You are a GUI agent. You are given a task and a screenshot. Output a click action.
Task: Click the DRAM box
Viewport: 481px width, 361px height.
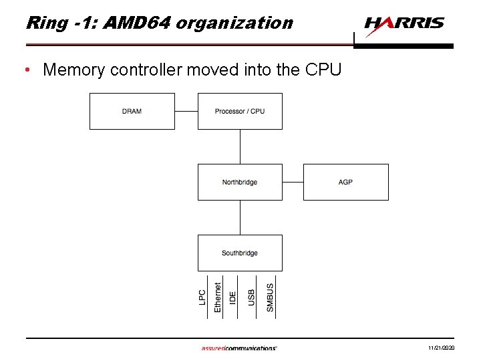click(x=132, y=111)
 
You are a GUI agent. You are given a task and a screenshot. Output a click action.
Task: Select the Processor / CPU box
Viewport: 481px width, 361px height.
click(x=240, y=111)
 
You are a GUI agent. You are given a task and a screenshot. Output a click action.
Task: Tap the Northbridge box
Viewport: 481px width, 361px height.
click(x=240, y=182)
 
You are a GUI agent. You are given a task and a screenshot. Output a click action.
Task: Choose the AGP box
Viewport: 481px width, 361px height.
click(x=345, y=182)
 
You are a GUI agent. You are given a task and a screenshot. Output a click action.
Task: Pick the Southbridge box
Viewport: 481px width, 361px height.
click(x=240, y=253)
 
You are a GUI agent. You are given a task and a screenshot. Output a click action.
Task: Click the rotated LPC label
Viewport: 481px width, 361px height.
click(x=202, y=297)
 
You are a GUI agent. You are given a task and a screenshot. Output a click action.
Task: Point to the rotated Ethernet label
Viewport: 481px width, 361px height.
click(x=218, y=296)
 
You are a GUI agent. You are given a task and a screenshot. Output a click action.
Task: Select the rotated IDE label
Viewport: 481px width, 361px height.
click(x=232, y=298)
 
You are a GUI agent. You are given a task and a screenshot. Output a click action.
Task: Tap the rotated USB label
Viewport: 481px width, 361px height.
click(x=251, y=297)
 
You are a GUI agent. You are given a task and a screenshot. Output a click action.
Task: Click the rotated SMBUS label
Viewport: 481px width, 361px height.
click(x=270, y=297)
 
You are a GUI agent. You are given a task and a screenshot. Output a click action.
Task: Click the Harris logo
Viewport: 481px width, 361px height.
click(x=404, y=25)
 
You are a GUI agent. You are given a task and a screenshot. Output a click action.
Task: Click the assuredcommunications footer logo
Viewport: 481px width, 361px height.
click(x=238, y=348)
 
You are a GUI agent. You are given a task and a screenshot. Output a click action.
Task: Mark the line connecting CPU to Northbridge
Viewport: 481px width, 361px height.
click(x=240, y=146)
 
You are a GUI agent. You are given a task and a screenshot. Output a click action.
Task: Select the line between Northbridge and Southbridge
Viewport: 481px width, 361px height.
click(x=240, y=217)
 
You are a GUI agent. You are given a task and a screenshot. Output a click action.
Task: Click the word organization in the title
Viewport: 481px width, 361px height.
click(x=234, y=23)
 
